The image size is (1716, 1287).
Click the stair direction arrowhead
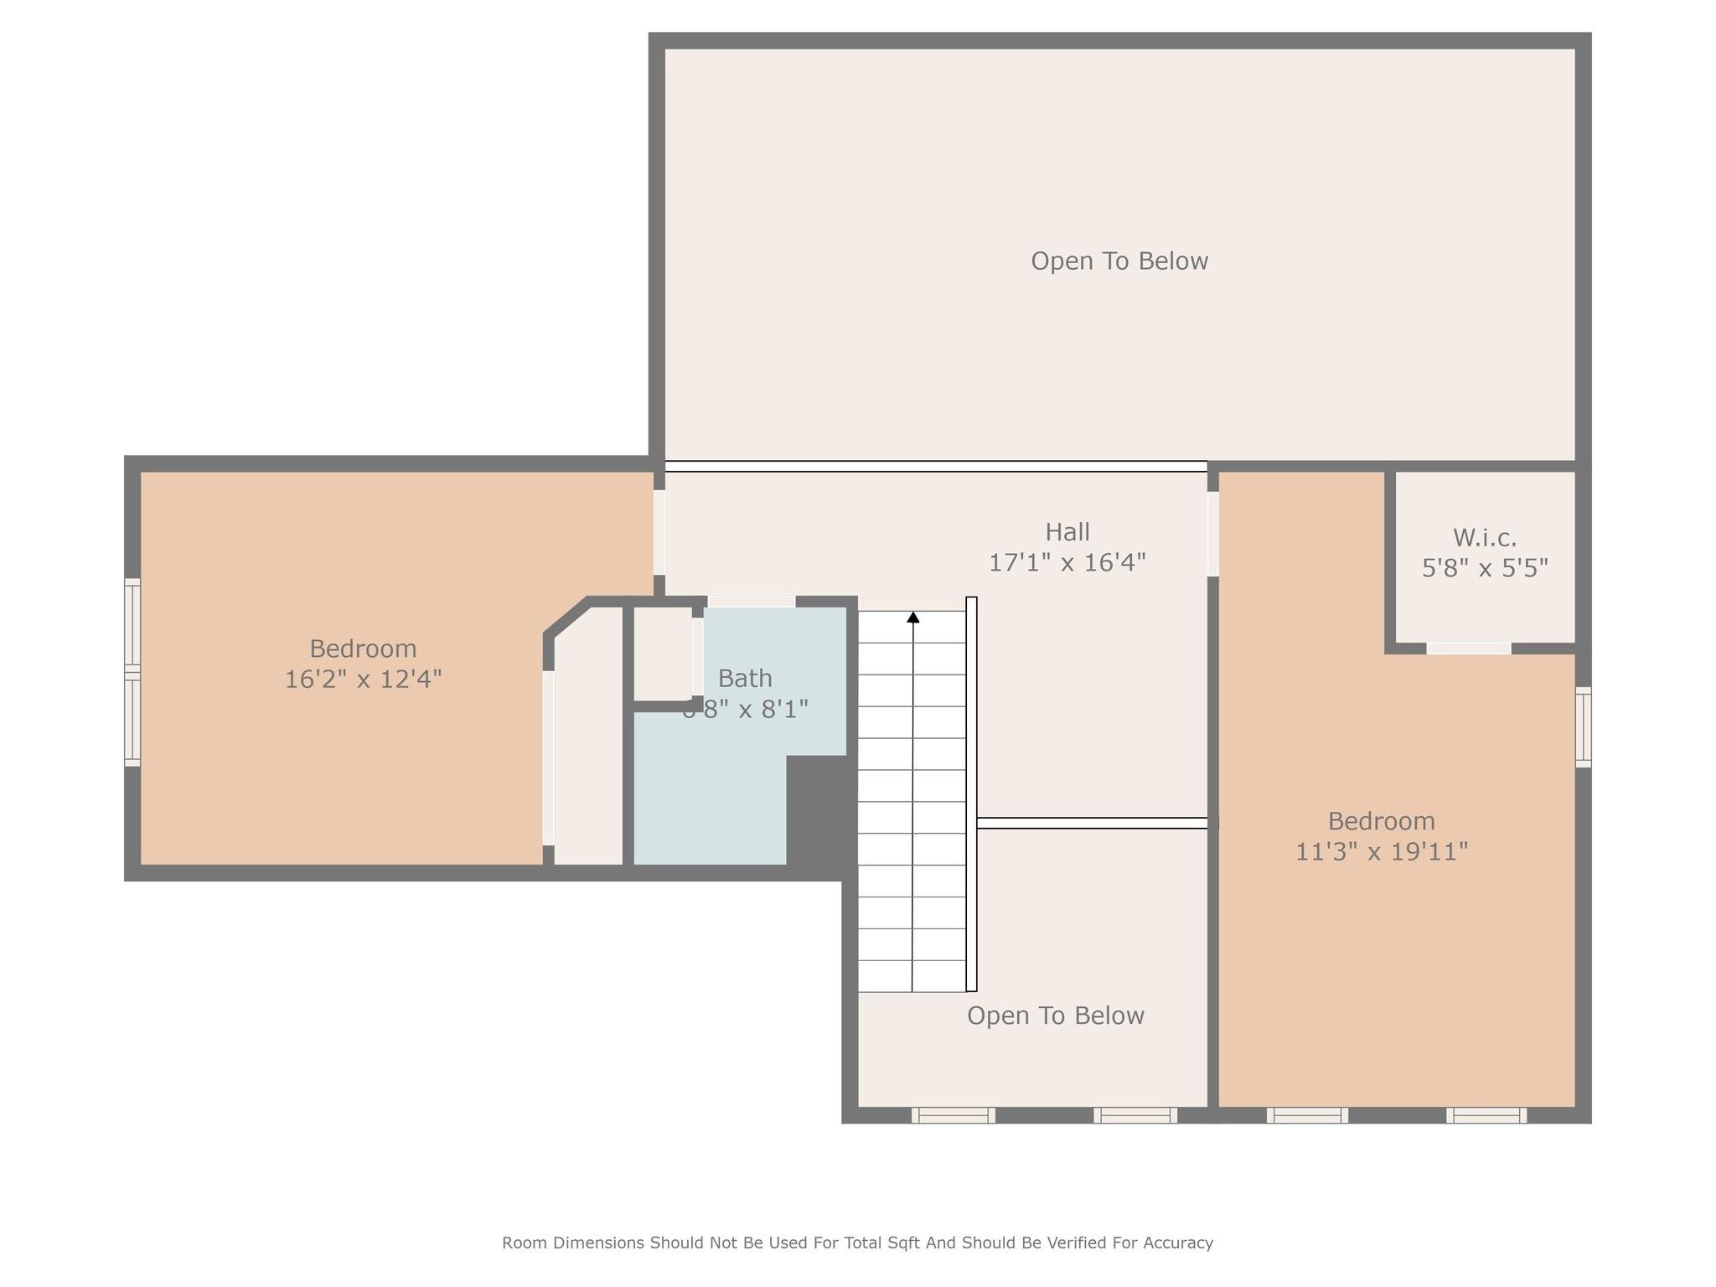tap(913, 618)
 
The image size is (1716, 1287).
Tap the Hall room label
tap(1067, 532)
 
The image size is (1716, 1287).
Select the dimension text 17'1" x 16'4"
tap(1067, 562)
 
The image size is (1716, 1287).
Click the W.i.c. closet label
tap(1484, 537)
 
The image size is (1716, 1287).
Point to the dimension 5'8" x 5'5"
tap(1484, 568)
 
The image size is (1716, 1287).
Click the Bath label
tap(745, 678)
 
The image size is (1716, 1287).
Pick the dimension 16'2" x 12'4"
tap(363, 679)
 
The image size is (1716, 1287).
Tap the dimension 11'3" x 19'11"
tap(1381, 851)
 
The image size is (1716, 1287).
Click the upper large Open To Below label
tap(1119, 261)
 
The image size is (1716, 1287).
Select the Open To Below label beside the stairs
tap(1055, 1016)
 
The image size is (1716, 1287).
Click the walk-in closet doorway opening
tap(1468, 649)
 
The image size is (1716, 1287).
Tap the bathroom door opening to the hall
tap(751, 602)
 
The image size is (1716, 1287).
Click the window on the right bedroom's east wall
tap(1583, 726)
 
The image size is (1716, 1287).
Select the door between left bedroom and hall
tap(659, 532)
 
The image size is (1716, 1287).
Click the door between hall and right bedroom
tap(1212, 534)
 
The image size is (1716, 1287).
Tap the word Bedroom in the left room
tap(363, 649)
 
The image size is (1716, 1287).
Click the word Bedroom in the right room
tap(1381, 821)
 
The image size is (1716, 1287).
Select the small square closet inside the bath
tap(662, 654)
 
